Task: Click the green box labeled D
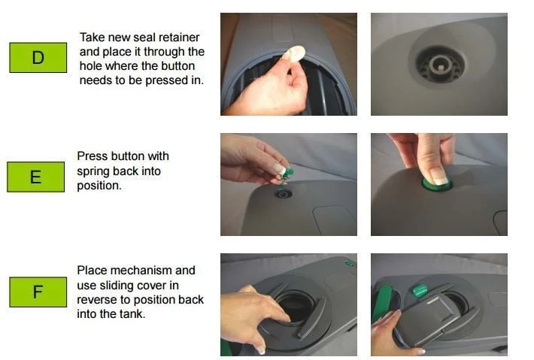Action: (38, 57)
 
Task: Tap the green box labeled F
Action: (38, 292)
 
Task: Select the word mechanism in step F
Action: (152, 271)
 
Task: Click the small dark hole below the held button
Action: (284, 193)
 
